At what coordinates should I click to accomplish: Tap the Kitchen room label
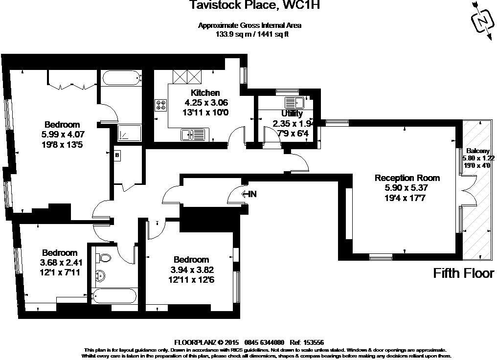point(205,93)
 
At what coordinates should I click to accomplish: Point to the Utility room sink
point(294,103)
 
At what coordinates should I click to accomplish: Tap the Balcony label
point(476,151)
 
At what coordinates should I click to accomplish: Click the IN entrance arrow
point(249,194)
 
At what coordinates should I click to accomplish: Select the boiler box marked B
point(117,155)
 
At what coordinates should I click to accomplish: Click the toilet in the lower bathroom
point(104,257)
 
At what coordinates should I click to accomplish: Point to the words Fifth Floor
point(464,273)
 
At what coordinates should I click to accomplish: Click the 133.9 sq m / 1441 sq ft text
point(249,34)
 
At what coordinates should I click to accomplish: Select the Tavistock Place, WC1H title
point(249,6)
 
